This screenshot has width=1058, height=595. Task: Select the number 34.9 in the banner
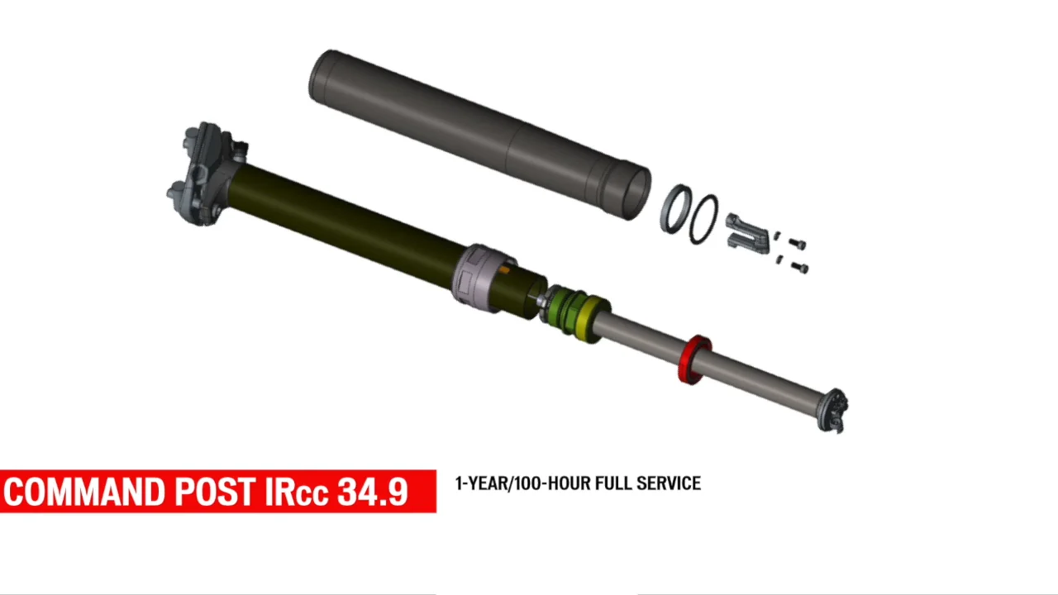(373, 492)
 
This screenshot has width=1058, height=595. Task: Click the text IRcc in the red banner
(297, 492)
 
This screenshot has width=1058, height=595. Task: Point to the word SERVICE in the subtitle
(669, 483)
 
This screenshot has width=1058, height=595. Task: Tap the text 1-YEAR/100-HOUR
(522, 483)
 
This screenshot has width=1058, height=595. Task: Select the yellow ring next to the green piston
(590, 319)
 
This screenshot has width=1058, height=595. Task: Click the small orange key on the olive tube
(504, 269)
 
